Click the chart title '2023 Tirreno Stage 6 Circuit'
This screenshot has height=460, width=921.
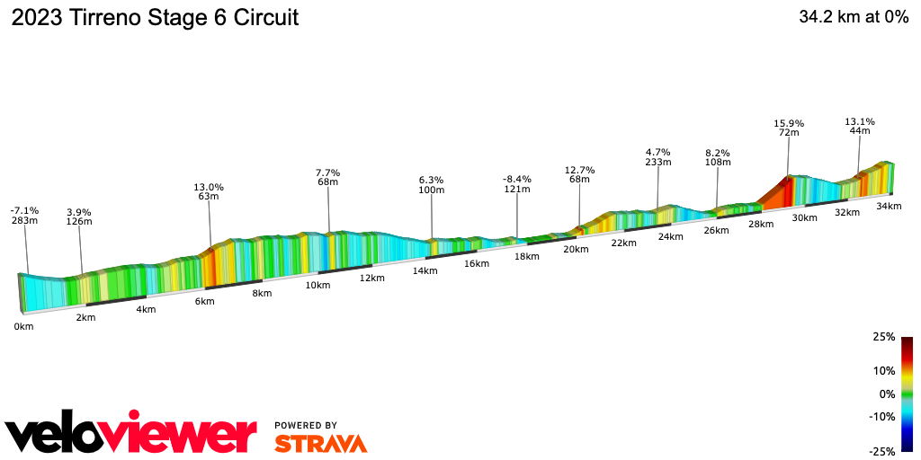click(x=155, y=18)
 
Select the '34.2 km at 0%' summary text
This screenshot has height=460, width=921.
click(x=854, y=18)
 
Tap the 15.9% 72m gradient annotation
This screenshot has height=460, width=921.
click(x=789, y=128)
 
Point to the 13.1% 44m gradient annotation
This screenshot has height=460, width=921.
click(x=860, y=126)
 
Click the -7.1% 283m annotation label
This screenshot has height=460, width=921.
click(x=24, y=216)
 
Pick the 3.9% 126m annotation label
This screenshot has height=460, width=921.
click(x=79, y=217)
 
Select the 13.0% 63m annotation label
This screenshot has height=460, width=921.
click(x=209, y=193)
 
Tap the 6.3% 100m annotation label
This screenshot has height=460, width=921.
click(x=432, y=184)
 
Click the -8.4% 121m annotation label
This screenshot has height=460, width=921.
click(x=517, y=184)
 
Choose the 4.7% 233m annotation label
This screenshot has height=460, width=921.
click(x=658, y=157)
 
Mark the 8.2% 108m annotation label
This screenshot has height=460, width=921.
click(x=717, y=157)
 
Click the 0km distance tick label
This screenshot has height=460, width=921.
click(x=23, y=326)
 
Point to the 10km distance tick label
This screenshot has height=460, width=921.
click(x=317, y=285)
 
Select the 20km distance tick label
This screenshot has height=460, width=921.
click(x=576, y=249)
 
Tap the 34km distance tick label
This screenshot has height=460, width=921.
click(x=889, y=206)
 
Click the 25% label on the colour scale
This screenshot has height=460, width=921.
click(x=884, y=337)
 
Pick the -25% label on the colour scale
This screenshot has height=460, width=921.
click(x=882, y=452)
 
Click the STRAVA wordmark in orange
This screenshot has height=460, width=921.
click(x=320, y=444)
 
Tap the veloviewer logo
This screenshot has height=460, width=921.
click(x=131, y=435)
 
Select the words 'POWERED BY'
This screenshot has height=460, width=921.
click(x=306, y=425)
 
